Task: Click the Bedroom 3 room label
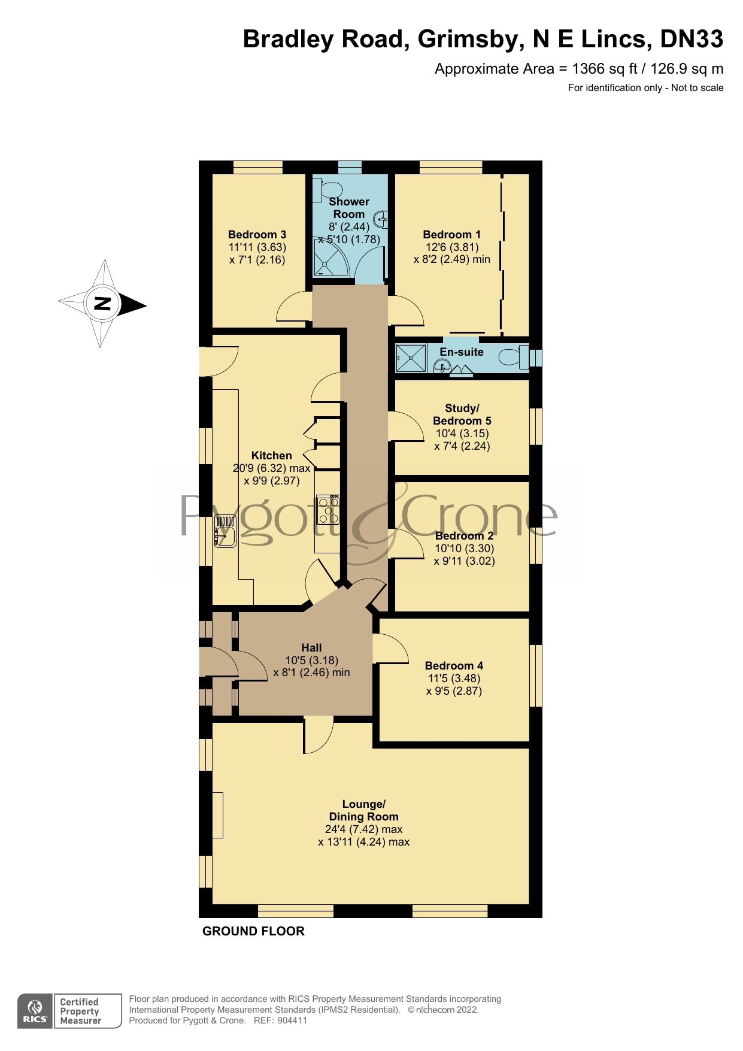257,234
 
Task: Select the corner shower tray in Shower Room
330,258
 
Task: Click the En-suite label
461,352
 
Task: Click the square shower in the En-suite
411,358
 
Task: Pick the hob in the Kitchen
328,510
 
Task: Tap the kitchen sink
225,532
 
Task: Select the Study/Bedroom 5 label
462,414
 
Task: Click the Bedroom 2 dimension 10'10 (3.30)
464,549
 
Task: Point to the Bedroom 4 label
454,665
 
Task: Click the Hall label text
311,647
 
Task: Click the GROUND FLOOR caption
253,931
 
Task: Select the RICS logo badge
35,1011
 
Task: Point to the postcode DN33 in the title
691,40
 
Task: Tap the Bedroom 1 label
451,234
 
